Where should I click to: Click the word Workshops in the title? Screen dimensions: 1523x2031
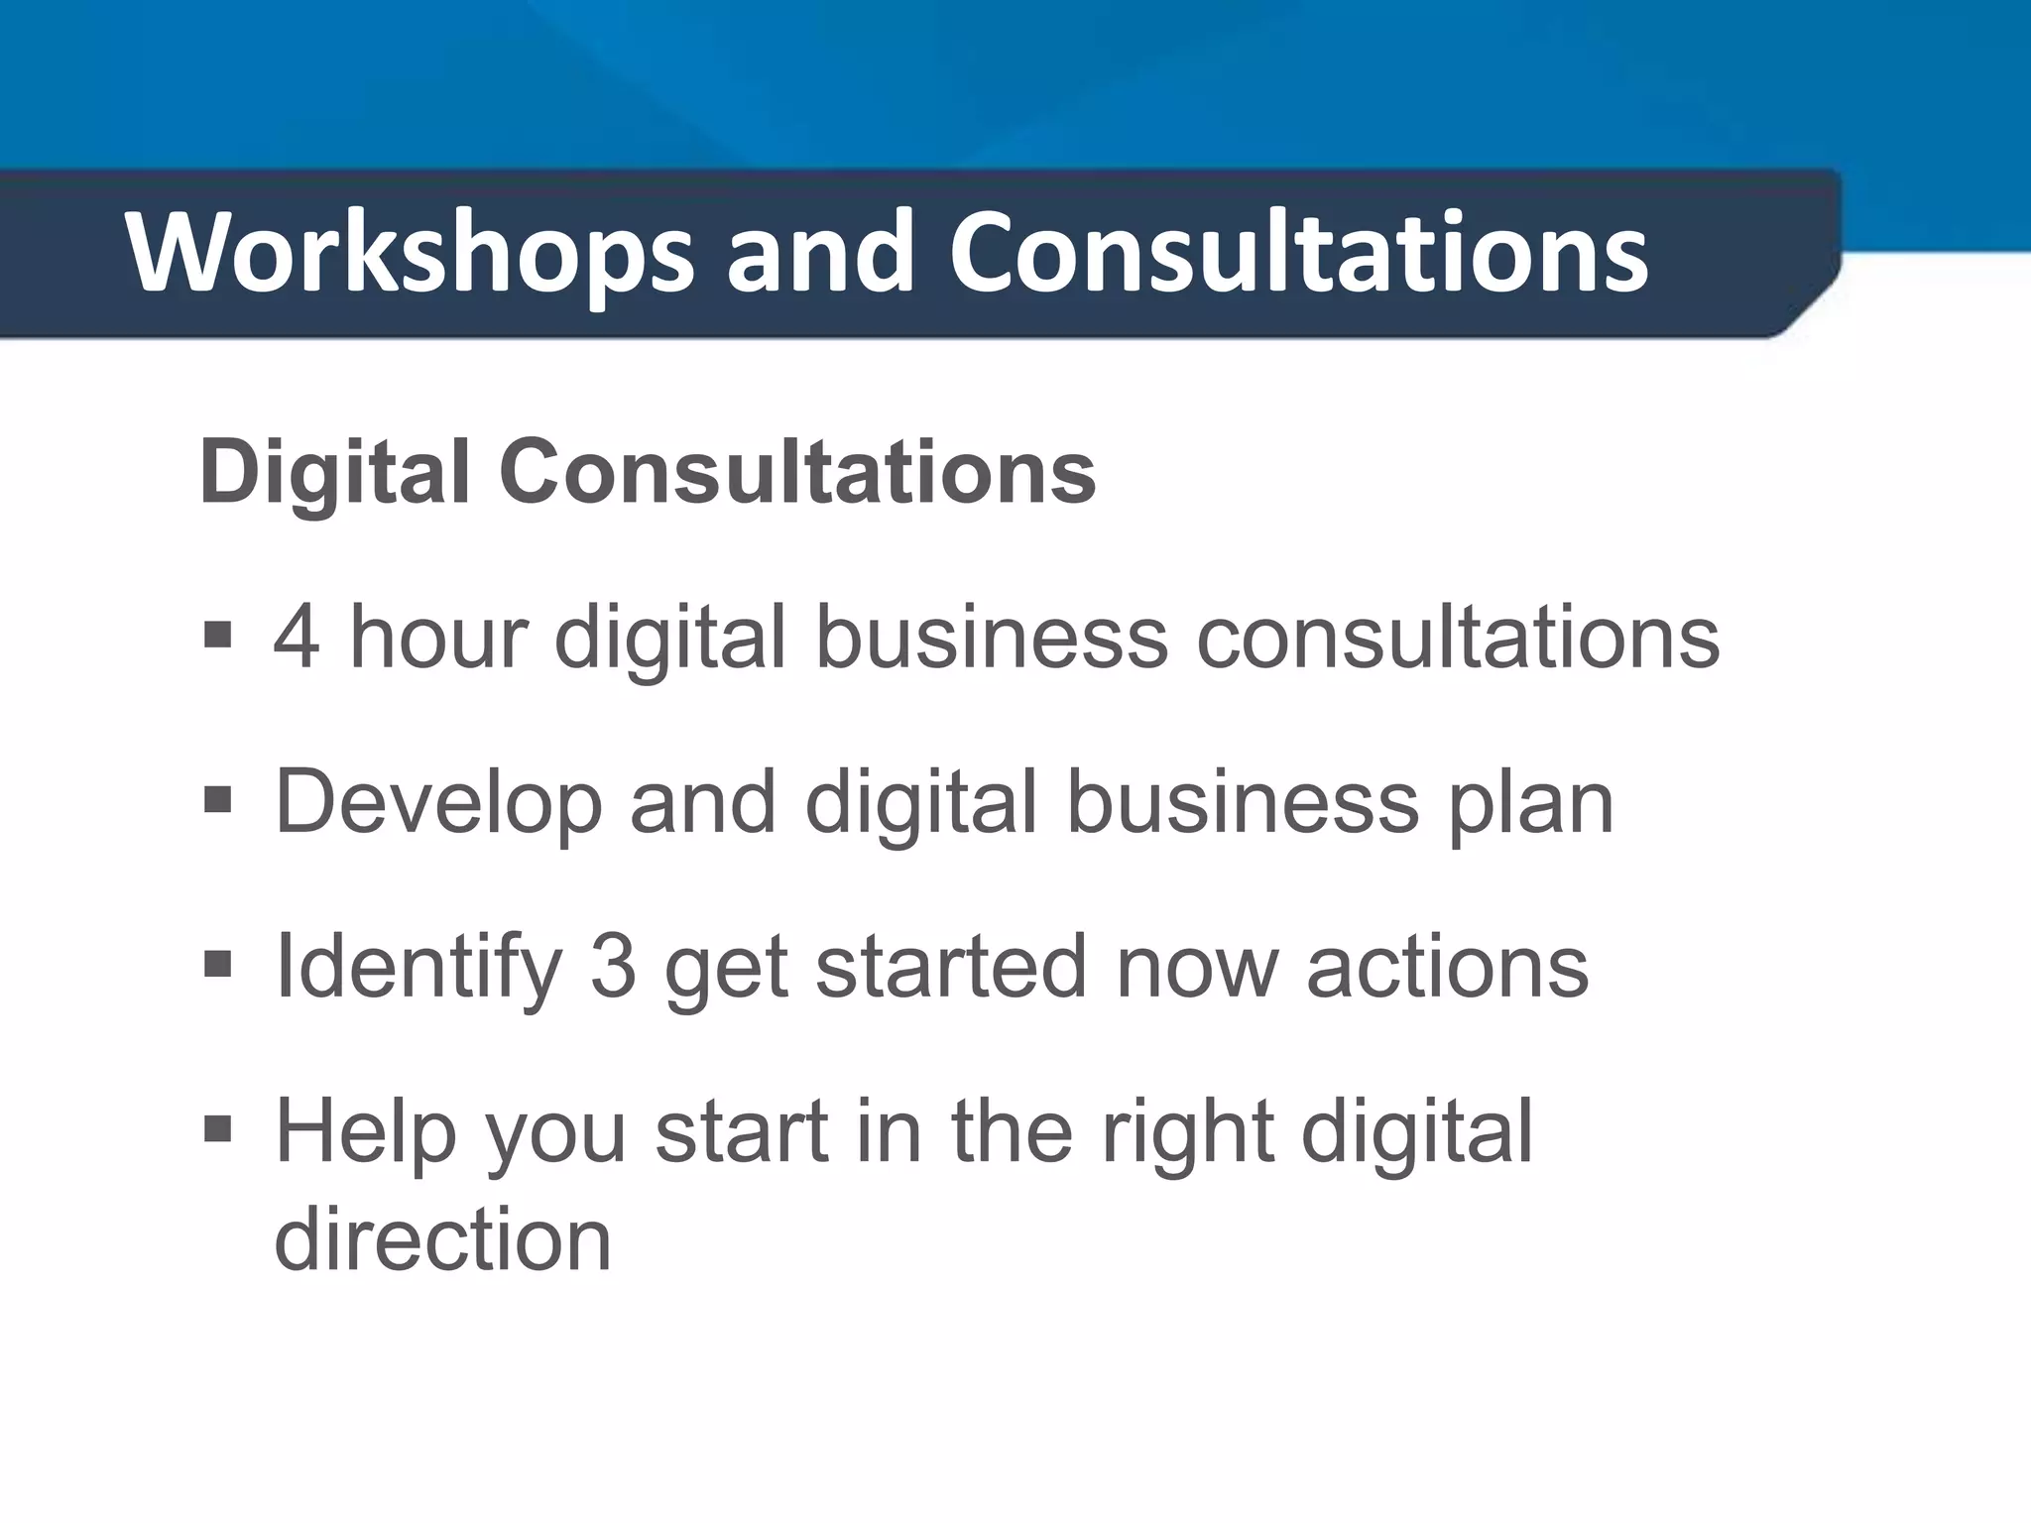409,254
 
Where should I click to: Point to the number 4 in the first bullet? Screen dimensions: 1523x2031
297,637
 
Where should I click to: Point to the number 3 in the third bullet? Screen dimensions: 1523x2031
613,968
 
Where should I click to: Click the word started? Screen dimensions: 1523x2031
951,968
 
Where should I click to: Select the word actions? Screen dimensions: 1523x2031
1447,968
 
